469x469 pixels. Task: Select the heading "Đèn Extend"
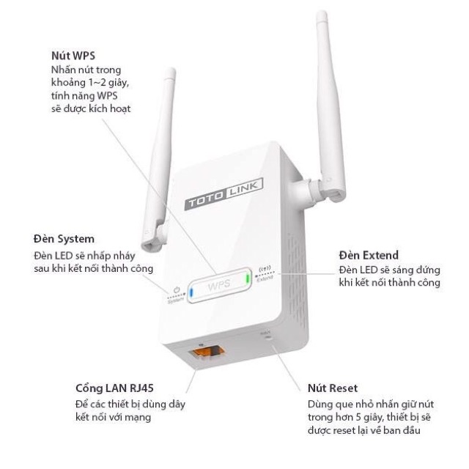click(369, 255)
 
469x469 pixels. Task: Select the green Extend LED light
click(248, 279)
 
